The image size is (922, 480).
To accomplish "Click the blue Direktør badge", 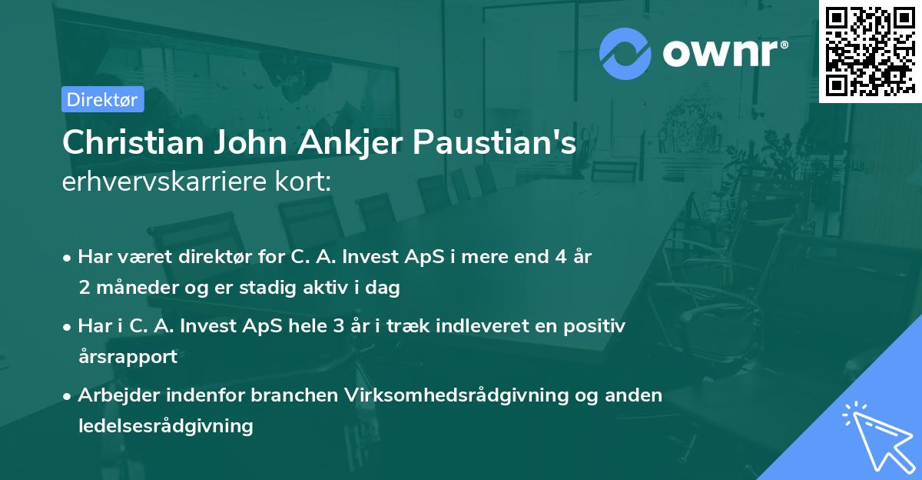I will tap(101, 99).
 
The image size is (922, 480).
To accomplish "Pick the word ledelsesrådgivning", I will tap(165, 425).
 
